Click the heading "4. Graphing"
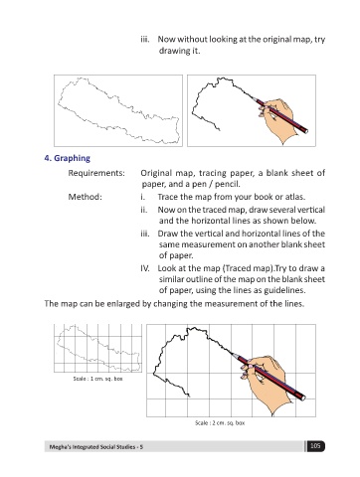coord(67,158)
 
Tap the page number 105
coord(315,446)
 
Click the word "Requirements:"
coord(96,173)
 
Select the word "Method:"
coord(86,197)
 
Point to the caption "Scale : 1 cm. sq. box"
coord(97,379)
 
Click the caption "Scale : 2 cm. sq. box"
coord(220,423)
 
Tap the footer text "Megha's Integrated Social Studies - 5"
coord(96,447)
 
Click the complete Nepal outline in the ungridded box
coord(119,112)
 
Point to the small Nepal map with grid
coord(97,348)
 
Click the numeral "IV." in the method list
coord(144,268)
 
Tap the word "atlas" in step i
coord(296,197)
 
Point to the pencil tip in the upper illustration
coord(252,97)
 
